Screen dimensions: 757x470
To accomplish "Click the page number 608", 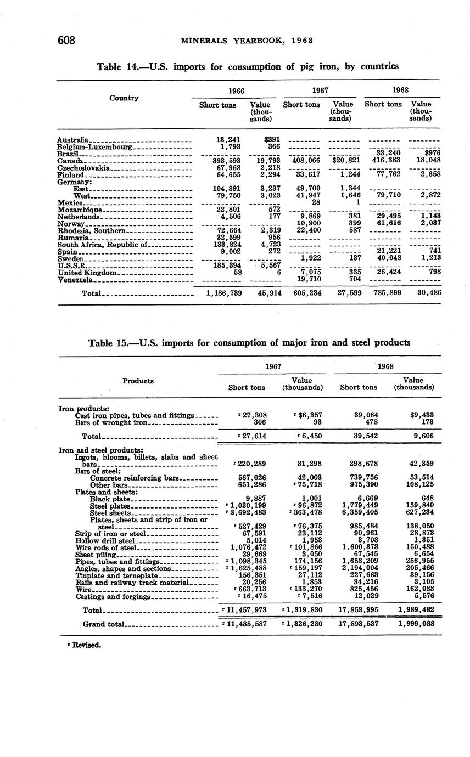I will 65,40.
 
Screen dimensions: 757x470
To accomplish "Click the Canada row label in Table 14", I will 70,161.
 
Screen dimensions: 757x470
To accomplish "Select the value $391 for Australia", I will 270,140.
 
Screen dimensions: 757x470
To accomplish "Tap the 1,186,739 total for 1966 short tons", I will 223,293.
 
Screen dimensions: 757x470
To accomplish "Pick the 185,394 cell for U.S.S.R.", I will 227,265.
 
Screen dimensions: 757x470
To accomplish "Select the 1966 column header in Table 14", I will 236,90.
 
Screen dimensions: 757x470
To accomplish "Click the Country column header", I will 124,98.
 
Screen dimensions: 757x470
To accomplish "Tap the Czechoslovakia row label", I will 85,167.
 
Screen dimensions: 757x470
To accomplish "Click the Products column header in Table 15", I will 138,381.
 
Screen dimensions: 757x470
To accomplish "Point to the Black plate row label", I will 110,499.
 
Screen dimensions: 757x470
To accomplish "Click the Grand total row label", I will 104,624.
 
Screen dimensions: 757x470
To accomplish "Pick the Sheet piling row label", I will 96,555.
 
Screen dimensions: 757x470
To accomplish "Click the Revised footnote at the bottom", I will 85,645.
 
